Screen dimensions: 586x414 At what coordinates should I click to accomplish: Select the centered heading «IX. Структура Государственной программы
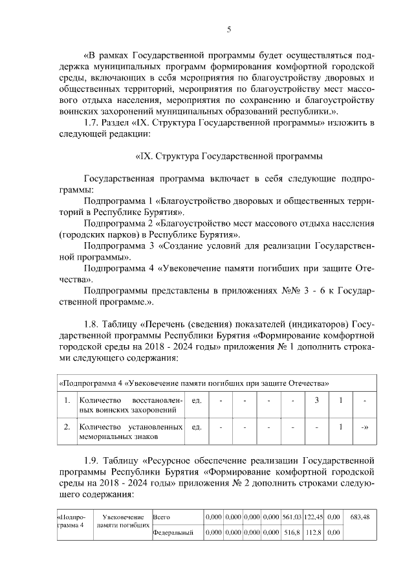(228, 156)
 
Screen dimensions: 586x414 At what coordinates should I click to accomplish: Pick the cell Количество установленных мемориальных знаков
(131, 432)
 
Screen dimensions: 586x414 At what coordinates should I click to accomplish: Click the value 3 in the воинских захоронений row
(317, 400)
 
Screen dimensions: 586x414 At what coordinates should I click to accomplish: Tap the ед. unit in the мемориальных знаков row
(197, 427)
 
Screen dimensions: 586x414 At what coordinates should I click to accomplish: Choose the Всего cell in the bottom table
(161, 517)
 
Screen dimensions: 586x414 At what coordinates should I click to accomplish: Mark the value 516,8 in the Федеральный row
(293, 533)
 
